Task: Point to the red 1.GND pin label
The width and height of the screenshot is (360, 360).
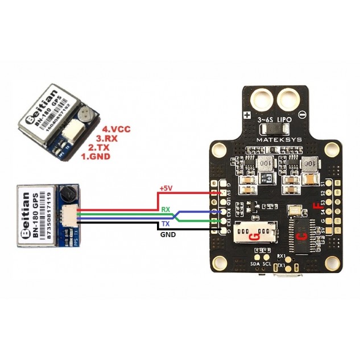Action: (x=94, y=155)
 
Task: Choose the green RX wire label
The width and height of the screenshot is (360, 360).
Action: (x=165, y=210)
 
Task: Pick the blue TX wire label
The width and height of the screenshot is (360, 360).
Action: (x=165, y=225)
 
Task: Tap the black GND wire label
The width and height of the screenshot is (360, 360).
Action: (x=167, y=234)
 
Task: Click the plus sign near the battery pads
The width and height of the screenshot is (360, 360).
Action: (x=247, y=114)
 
